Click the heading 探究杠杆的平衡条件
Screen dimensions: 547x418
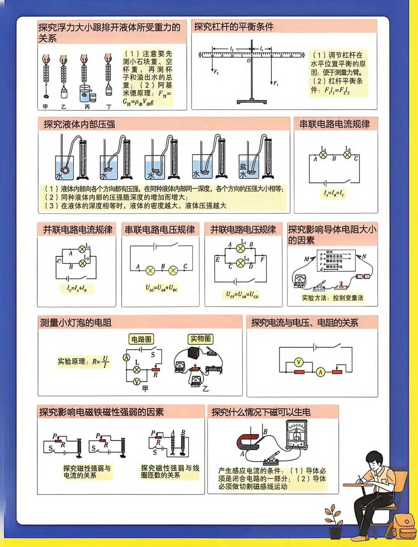click(234, 27)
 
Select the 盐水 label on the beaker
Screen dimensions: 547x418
click(243, 170)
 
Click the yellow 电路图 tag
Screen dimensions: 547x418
click(141, 339)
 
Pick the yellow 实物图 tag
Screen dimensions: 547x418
click(200, 339)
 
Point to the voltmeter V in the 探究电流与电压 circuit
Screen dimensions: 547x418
click(298, 362)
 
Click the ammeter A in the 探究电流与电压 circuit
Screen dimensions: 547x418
click(320, 372)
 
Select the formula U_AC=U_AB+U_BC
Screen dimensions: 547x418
click(161, 288)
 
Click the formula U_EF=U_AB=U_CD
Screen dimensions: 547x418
click(242, 294)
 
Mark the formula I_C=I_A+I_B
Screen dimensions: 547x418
click(77, 288)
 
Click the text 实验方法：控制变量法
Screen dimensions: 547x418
click(332, 298)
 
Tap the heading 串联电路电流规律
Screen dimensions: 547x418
click(334, 124)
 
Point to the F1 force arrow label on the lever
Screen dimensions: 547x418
click(276, 83)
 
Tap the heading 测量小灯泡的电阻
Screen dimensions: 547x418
click(76, 323)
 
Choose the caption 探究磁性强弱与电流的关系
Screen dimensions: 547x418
click(87, 471)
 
